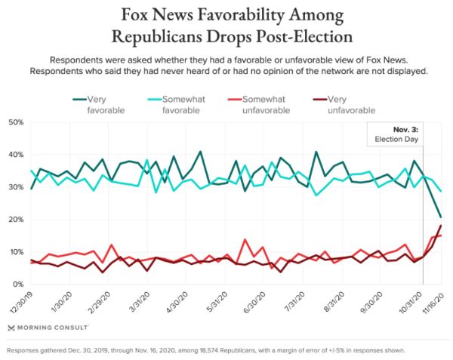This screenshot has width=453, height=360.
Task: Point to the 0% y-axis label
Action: point(17,285)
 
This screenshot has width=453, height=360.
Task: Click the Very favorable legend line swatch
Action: point(79,99)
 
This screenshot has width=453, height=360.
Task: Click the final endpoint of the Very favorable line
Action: point(441,217)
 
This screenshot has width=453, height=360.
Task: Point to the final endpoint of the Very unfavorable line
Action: point(441,226)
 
